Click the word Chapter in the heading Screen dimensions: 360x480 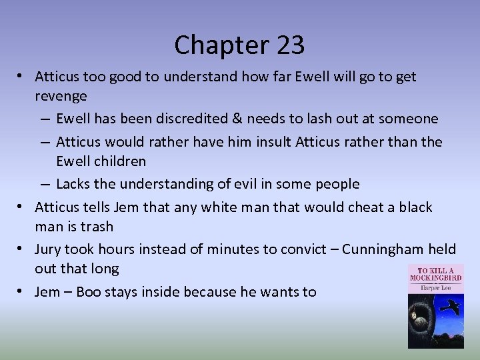[215, 45]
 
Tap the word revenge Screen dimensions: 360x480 [61, 97]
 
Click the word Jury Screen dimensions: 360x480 [49, 249]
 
